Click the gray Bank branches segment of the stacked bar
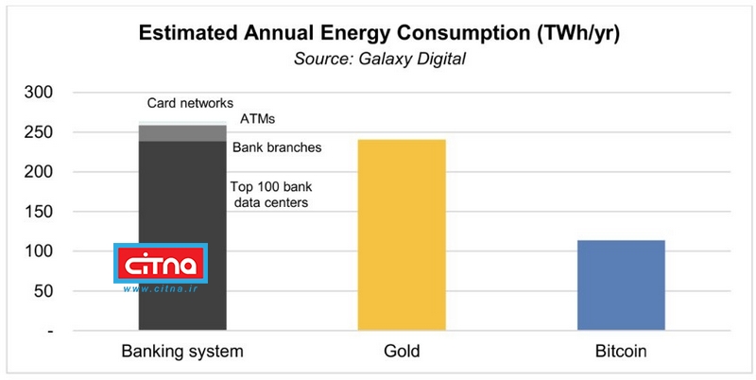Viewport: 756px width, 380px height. pyautogui.click(x=182, y=133)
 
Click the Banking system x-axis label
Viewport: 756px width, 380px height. pyautogui.click(x=182, y=353)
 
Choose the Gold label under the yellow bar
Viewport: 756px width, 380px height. pyautogui.click(x=402, y=353)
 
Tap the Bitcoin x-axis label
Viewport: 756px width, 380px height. pyautogui.click(x=621, y=353)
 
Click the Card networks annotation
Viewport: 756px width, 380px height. pyautogui.click(x=190, y=103)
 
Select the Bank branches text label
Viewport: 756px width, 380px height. pyautogui.click(x=277, y=147)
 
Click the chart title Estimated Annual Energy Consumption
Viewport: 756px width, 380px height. pyautogui.click(x=378, y=34)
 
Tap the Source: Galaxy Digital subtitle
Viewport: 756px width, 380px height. pyautogui.click(x=378, y=60)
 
